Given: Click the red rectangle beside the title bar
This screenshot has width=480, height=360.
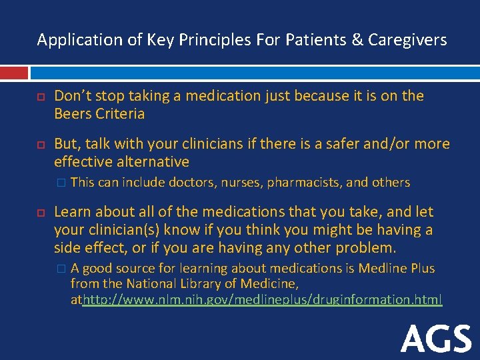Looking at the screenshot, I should [x=13, y=73].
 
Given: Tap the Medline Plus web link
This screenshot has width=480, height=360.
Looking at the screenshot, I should [x=262, y=300].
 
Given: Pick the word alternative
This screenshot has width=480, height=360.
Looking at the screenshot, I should [x=153, y=162].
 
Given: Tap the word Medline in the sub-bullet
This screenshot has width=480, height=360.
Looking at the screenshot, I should [x=381, y=268].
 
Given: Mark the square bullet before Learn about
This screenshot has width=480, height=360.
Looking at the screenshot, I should [x=41, y=213].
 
